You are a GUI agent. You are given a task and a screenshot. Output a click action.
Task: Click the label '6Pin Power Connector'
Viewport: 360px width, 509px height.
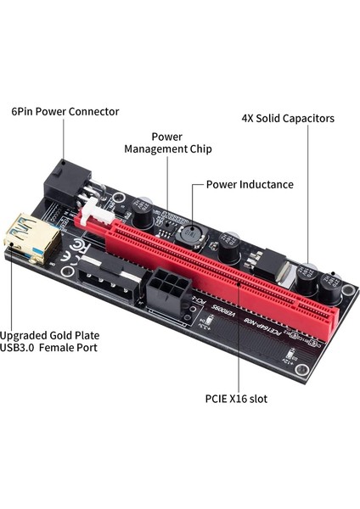pos(65,111)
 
